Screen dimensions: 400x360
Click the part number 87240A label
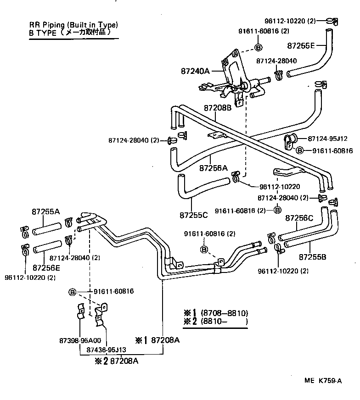195,71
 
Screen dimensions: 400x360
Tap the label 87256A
214,168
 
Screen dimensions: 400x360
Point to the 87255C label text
194,215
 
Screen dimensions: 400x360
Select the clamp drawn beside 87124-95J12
291,140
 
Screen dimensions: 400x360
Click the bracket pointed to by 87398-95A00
80,312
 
